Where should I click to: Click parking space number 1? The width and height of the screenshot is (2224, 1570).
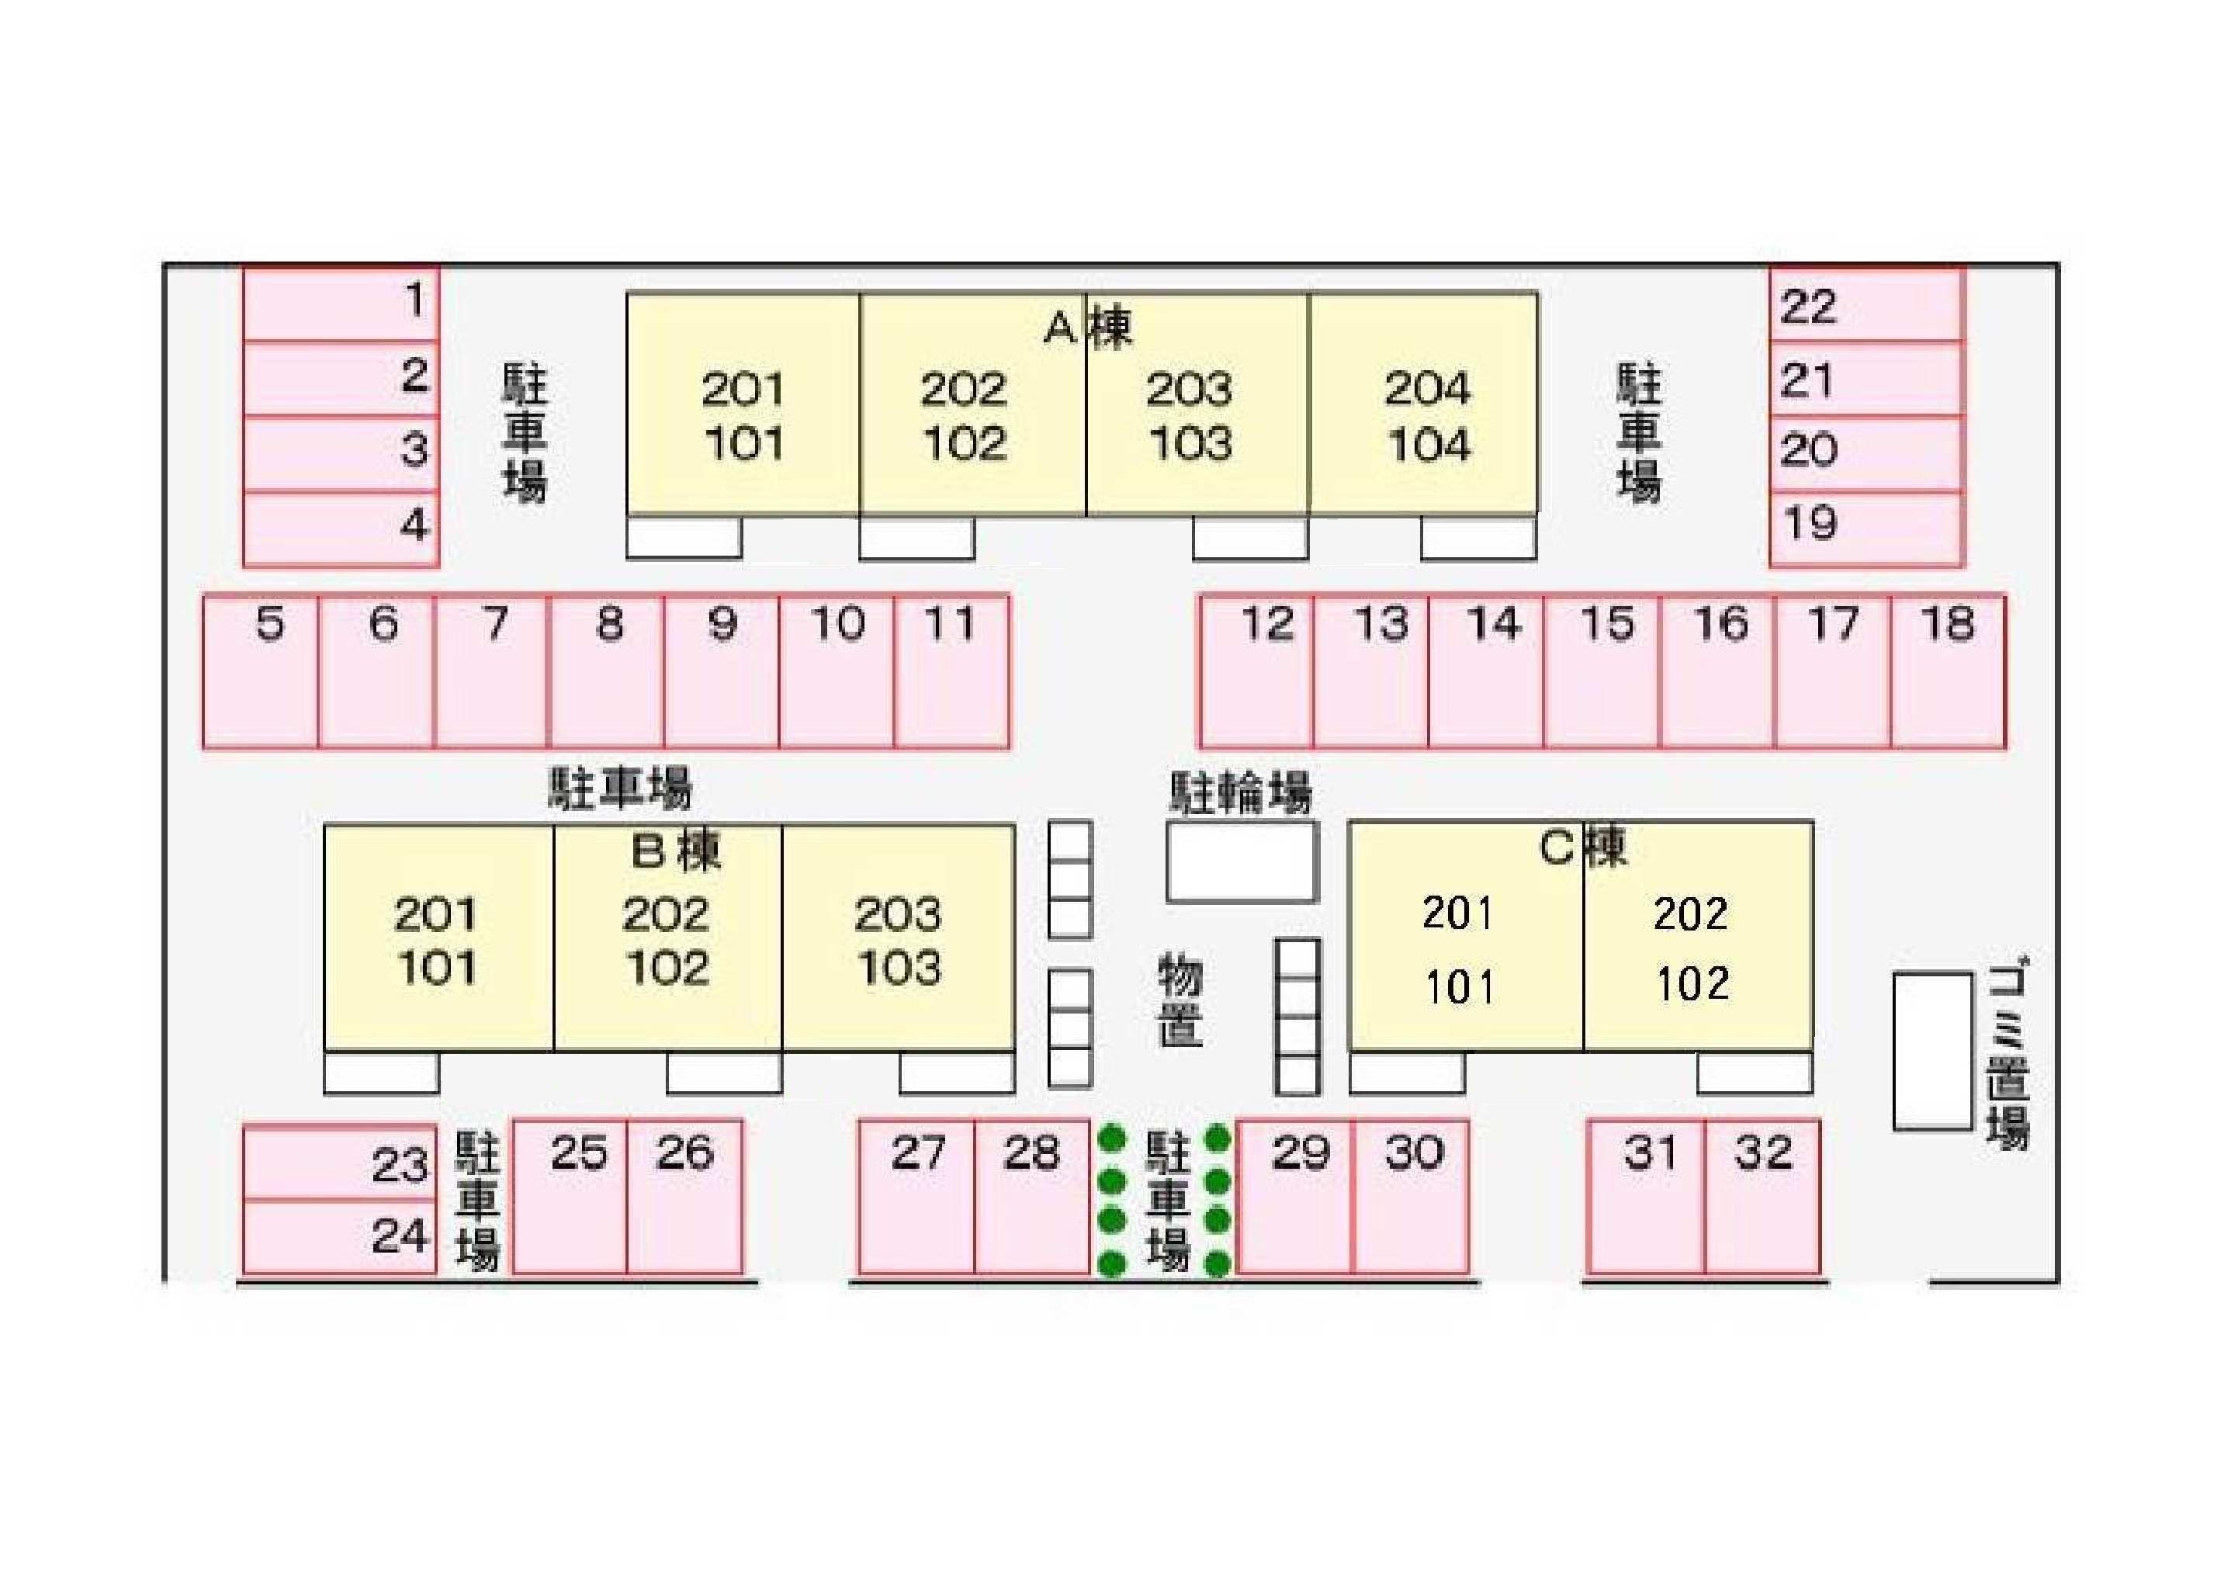pyautogui.click(x=341, y=303)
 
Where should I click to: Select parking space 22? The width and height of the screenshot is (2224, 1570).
pyautogui.click(x=1866, y=305)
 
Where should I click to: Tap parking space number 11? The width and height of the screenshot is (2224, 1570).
pyautogui.click(x=952, y=672)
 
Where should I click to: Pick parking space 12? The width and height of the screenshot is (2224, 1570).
pyautogui.click(x=1256, y=672)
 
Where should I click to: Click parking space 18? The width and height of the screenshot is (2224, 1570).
pyautogui.click(x=1948, y=672)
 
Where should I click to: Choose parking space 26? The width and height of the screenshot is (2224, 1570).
pyautogui.click(x=685, y=1196)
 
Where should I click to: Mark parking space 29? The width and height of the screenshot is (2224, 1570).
pyautogui.click(x=1295, y=1196)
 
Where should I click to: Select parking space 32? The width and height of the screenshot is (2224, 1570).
pyautogui.click(x=1762, y=1196)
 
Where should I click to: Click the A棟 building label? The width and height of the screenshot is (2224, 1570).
pyautogui.click(x=1088, y=328)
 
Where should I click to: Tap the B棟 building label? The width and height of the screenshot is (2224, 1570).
pyautogui.click(x=676, y=851)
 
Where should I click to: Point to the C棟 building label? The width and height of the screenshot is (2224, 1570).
pyautogui.click(x=1583, y=847)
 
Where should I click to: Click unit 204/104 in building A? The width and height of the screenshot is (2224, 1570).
pyautogui.click(x=1423, y=403)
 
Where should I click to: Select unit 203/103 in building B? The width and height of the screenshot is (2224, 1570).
pyautogui.click(x=899, y=937)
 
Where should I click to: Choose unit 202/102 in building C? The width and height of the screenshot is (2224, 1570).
pyautogui.click(x=1698, y=936)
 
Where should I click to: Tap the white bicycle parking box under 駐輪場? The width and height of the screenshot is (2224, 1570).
pyautogui.click(x=1242, y=861)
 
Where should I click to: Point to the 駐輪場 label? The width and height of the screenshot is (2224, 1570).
pyautogui.click(x=1241, y=793)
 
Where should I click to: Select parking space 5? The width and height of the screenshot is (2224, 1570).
pyautogui.click(x=261, y=672)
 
